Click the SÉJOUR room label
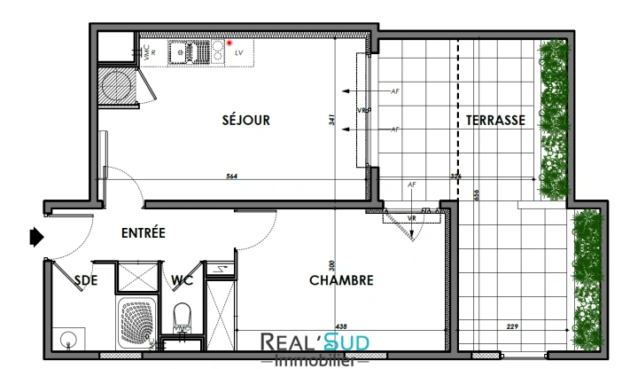[x=245, y=121]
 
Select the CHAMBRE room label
[x=341, y=280]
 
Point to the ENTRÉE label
[x=144, y=233]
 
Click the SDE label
[x=86, y=280]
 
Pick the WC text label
[x=183, y=280]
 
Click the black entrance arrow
[x=36, y=237]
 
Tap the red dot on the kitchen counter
[x=228, y=42]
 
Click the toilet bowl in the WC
[x=183, y=315]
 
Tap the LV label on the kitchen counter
[x=239, y=53]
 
